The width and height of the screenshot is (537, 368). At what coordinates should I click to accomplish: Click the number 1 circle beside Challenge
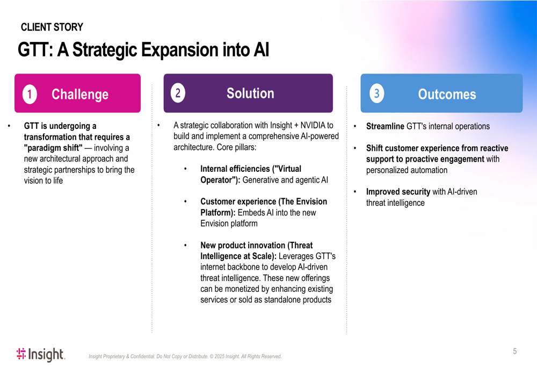(30, 94)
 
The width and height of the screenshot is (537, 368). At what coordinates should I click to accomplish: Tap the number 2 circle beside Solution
(178, 93)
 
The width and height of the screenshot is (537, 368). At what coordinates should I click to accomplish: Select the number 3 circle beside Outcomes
(377, 93)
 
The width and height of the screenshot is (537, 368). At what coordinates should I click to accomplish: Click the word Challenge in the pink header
(80, 95)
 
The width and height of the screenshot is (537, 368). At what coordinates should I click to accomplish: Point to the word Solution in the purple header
(250, 93)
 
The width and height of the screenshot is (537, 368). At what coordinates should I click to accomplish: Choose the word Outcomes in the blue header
(447, 94)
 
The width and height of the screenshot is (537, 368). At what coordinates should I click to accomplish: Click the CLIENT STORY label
(52, 27)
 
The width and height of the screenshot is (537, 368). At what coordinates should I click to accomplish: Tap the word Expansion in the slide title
(180, 49)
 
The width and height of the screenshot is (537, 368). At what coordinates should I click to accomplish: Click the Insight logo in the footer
(41, 355)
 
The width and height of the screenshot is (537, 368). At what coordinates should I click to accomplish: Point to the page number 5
(515, 351)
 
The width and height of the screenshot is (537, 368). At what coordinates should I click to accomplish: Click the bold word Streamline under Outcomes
(385, 126)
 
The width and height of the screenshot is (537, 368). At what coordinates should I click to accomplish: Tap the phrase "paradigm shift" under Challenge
(53, 148)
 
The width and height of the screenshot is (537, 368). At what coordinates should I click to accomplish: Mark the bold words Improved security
(398, 192)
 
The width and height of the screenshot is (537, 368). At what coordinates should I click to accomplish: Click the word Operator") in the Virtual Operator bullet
(220, 180)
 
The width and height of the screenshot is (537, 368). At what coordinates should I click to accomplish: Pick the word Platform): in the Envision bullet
(218, 213)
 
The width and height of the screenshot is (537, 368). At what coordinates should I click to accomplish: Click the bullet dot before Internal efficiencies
(185, 169)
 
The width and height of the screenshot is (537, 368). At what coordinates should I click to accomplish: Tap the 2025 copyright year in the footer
(219, 356)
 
